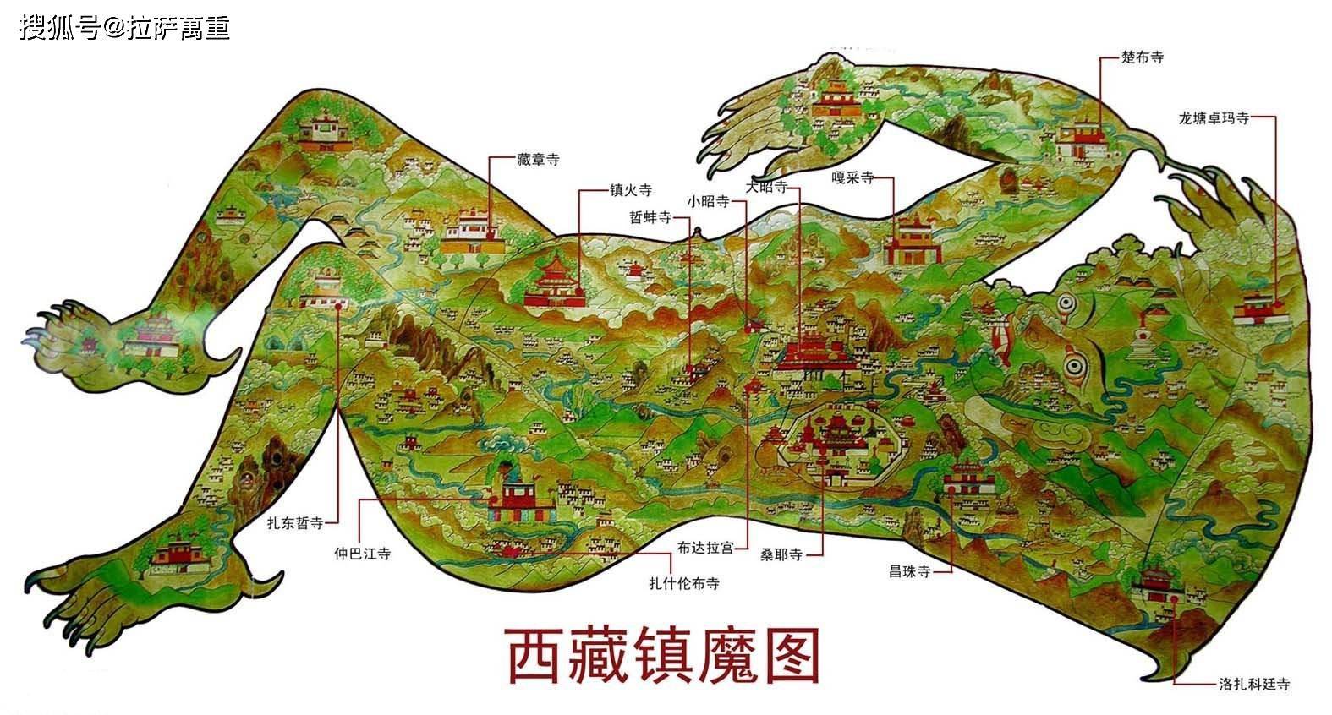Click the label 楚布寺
coord(1143,57)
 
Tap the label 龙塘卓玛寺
coord(1213,118)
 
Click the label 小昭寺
coord(708,201)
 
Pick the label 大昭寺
coord(767,185)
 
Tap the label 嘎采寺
coord(852,179)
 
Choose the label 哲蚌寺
coord(650,216)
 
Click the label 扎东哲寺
coord(295,523)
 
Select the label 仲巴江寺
coord(363,554)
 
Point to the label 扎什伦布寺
coord(683,582)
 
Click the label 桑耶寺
coord(781,554)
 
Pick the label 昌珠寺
coord(909,571)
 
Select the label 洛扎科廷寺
coord(1254,685)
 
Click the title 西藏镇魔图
coord(664,655)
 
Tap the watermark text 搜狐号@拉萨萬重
coord(124,28)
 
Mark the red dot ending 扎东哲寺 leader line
coord(338,308)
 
